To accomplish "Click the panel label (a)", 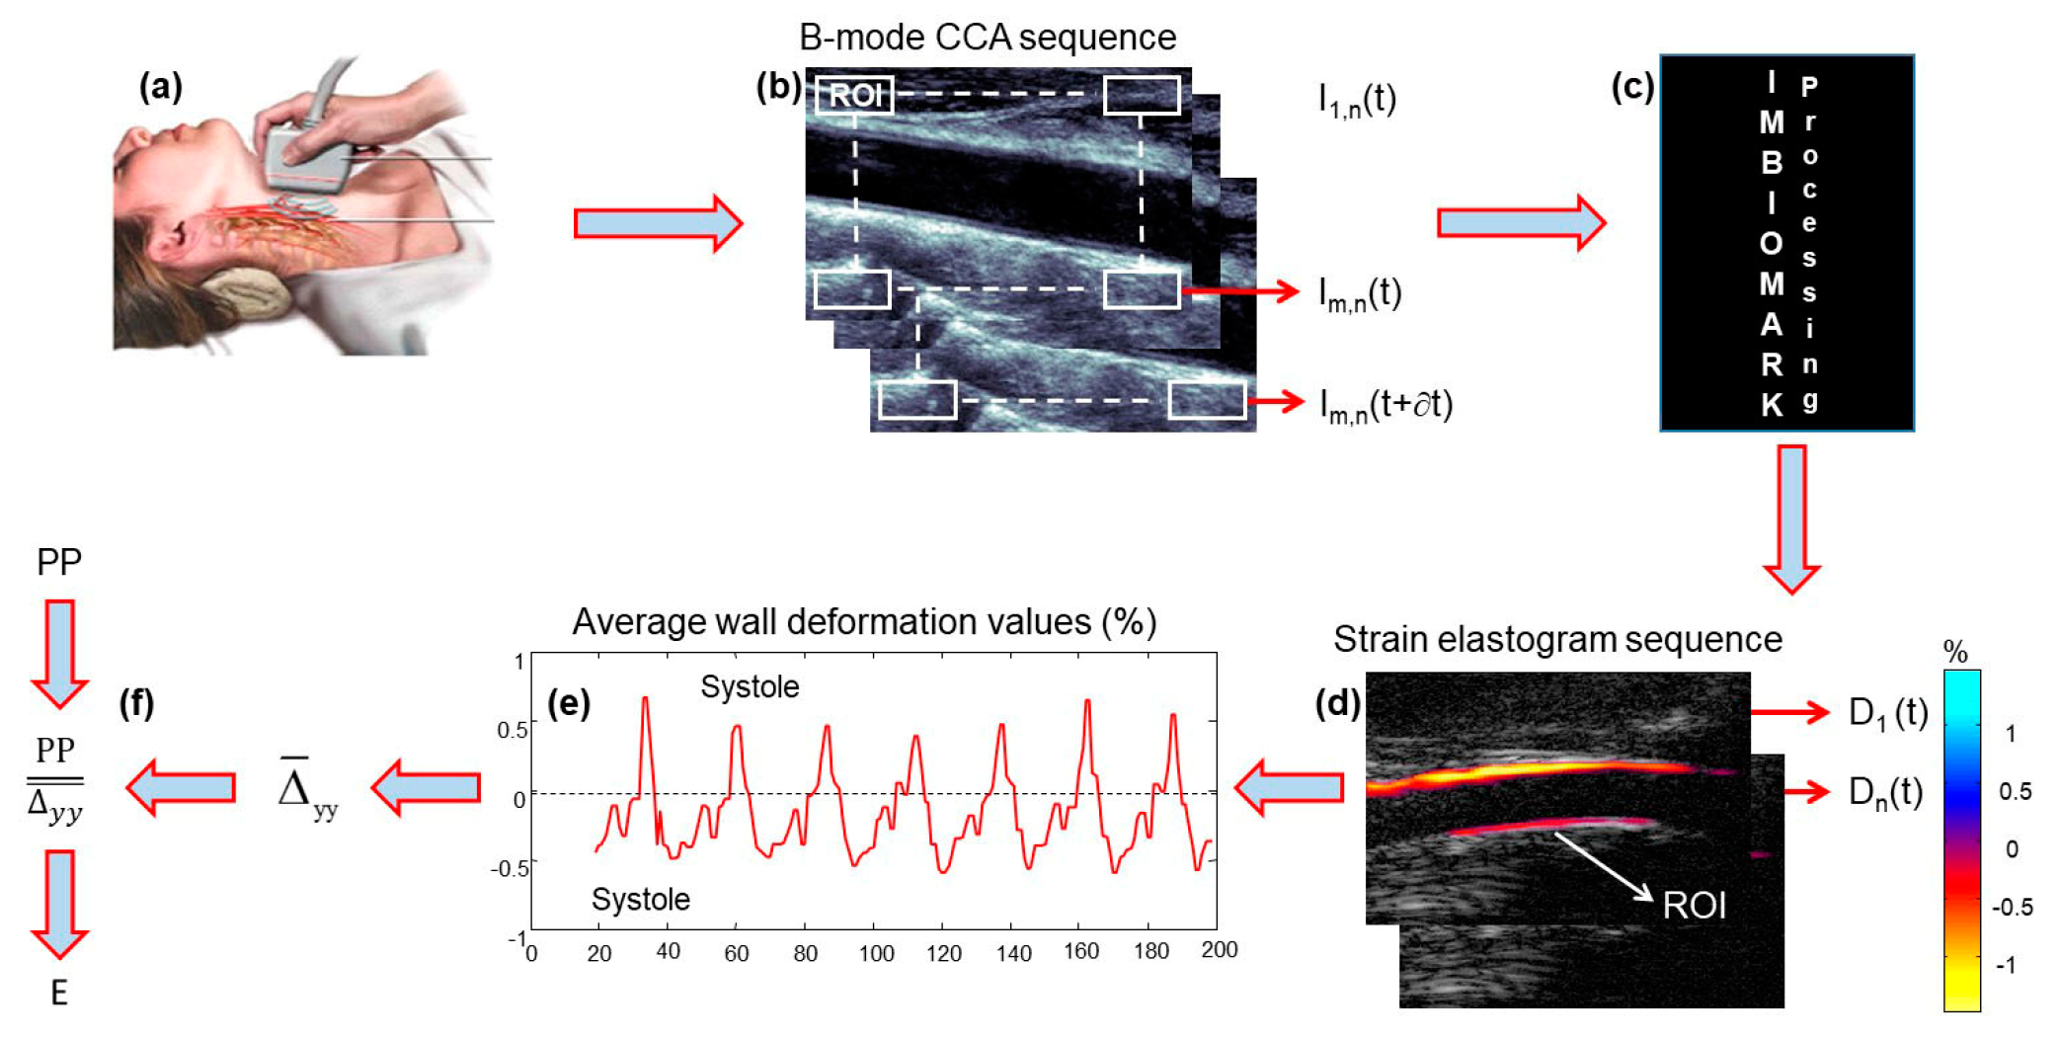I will coord(160,88).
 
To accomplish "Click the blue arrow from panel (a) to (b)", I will coord(657,223).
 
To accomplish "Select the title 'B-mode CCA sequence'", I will coord(987,38).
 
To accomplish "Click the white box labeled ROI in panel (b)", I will coord(854,95).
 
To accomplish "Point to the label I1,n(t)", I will coord(1357,100).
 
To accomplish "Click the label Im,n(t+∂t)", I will coord(1385,405).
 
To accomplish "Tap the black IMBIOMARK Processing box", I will coord(1786,243).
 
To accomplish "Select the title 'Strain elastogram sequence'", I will coord(1557,639).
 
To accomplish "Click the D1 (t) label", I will coord(1887,712).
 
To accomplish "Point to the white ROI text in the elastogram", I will coord(1694,905).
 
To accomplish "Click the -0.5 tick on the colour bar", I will coord(2012,907).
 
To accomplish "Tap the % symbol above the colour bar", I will coord(1954,652).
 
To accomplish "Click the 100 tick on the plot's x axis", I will coord(876,953).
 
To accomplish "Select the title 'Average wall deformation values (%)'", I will coord(864,621).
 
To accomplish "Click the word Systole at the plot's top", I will coord(750,686).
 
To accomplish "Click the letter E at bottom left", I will coord(59,993).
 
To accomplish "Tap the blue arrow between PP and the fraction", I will coord(59,653).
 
